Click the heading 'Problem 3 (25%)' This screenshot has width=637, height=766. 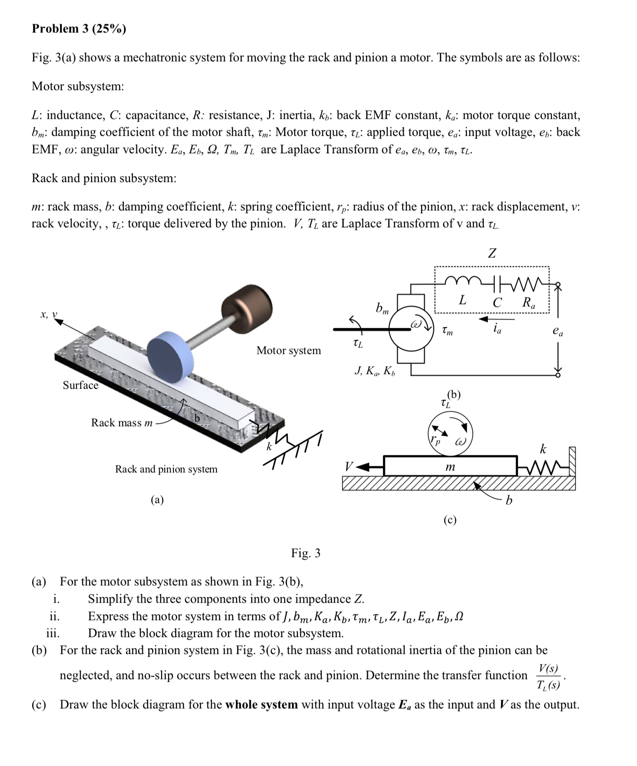(x=79, y=29)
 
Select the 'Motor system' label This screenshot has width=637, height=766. (x=288, y=351)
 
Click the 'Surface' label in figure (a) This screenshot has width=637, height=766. (x=81, y=385)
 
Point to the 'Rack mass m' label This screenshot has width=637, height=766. (x=122, y=423)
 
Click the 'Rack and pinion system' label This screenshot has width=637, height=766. (x=166, y=469)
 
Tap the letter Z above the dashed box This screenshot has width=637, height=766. (x=492, y=253)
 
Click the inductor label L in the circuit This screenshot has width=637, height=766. (x=463, y=300)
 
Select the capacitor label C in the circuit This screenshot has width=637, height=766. (x=497, y=302)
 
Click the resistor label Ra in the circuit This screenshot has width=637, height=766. (x=529, y=302)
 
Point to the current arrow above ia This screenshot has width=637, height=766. (x=491, y=317)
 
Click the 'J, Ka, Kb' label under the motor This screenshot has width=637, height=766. (x=375, y=371)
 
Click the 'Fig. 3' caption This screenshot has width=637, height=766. (x=306, y=553)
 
